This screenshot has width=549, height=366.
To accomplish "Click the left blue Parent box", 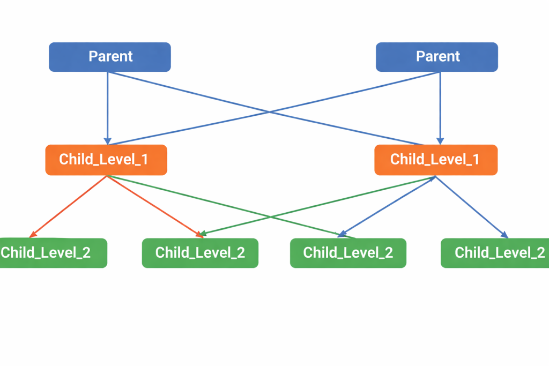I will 110,57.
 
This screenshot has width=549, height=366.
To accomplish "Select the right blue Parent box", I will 436,57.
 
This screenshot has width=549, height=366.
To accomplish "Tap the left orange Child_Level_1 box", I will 106,160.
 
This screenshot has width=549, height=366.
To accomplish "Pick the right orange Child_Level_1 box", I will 435,160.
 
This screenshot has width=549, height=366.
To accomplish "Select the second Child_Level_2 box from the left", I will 200,253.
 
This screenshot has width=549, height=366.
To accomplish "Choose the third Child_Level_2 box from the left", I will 348,253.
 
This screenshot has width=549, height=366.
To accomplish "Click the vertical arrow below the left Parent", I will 107,107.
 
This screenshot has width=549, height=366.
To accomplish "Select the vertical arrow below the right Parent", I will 440,107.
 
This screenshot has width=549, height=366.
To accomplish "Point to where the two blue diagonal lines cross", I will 270,112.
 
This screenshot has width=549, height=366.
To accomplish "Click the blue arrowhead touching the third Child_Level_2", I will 340,234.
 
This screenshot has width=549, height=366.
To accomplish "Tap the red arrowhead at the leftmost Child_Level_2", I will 33,234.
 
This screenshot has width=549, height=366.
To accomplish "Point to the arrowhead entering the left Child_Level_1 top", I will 107,141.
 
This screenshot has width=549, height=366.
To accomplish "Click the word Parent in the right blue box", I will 438,56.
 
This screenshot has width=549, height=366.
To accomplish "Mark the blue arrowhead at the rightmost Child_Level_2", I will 504,234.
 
